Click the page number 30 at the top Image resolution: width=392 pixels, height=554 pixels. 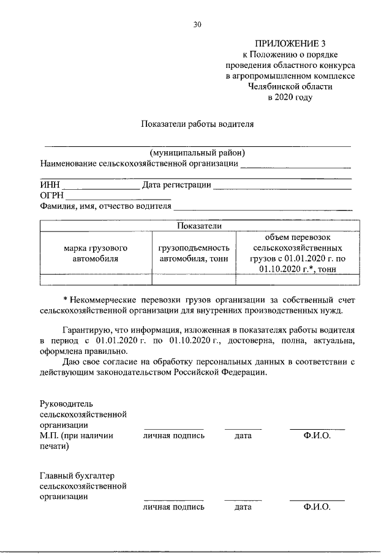197,24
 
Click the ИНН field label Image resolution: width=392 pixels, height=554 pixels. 50,184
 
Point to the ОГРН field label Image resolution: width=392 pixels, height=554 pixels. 51,195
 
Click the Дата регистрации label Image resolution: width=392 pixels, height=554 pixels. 177,184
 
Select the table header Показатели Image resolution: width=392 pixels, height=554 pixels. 198,226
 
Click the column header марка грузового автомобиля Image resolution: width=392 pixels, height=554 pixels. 95,253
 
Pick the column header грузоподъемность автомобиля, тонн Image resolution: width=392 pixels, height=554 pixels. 193,253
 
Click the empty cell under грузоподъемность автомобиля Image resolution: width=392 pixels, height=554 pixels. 193,280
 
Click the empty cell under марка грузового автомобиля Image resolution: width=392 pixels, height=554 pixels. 95,280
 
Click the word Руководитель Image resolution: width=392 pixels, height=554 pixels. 65,404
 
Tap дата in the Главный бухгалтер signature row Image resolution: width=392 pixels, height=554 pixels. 243,507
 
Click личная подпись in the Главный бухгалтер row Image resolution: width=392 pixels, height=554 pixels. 174,507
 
